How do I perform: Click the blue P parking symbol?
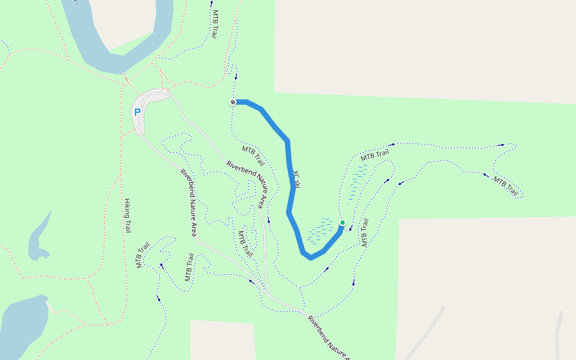pyautogui.click(x=137, y=112)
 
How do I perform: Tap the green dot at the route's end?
pyautogui.click(x=343, y=223)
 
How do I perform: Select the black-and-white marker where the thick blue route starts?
pyautogui.click(x=233, y=102)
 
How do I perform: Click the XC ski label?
pyautogui.click(x=296, y=178)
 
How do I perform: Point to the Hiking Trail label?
pyautogui.click(x=127, y=215)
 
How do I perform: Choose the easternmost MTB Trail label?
pyautogui.click(x=506, y=186)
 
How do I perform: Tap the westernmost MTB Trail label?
pyautogui.click(x=142, y=255)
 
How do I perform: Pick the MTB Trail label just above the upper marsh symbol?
pyautogui.click(x=376, y=154)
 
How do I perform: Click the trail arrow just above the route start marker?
pyautogui.click(x=236, y=76)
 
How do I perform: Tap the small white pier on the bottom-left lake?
pyautogui.click(x=50, y=307)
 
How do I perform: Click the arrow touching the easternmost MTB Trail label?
pyautogui.click(x=485, y=175)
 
